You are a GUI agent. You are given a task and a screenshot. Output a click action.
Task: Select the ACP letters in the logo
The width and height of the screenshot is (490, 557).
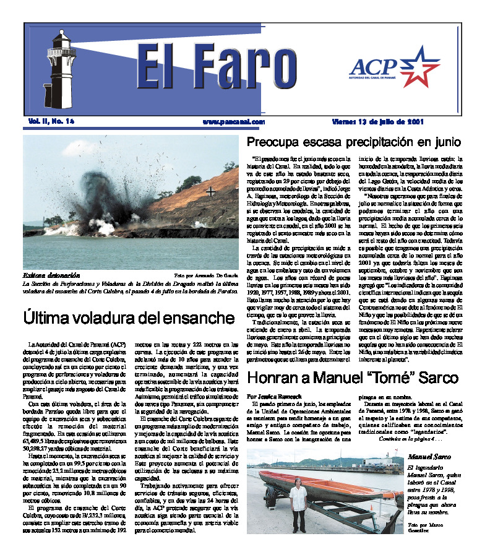(372, 66)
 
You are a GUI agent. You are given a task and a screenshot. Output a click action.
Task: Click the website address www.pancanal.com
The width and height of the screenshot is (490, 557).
(233, 122)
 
